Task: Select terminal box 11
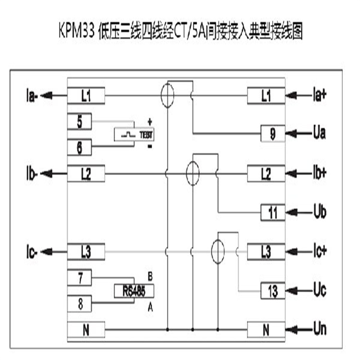click(273, 212)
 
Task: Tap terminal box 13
click(273, 290)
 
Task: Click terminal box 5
click(80, 122)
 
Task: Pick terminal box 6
click(80, 148)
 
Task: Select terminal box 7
click(80, 277)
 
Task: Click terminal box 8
click(80, 303)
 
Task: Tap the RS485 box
click(133, 290)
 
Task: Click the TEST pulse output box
click(134, 134)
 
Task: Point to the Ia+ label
click(320, 96)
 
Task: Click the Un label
click(320, 329)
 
